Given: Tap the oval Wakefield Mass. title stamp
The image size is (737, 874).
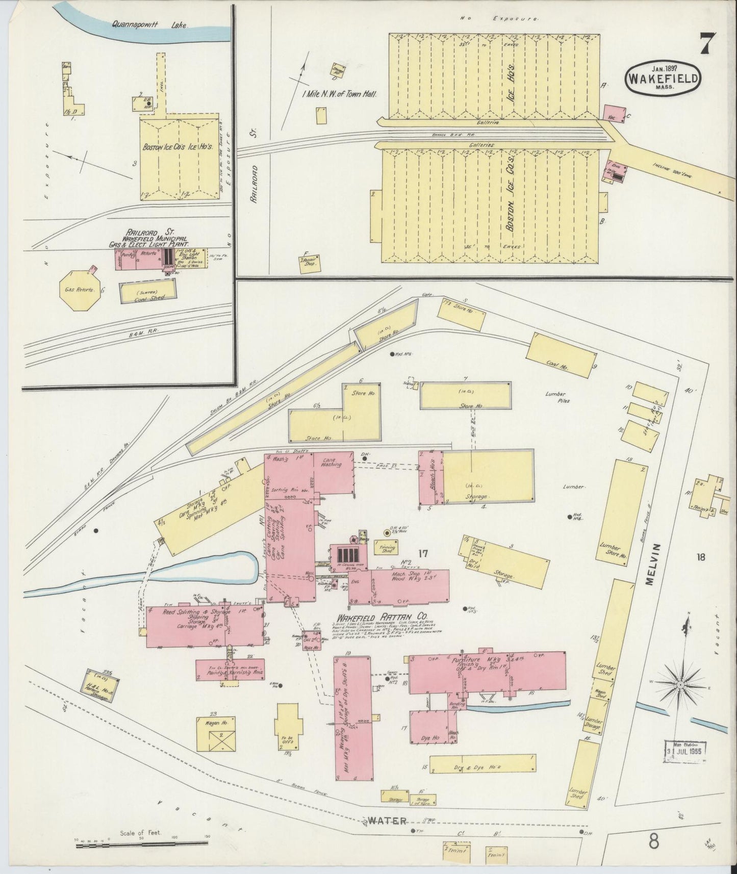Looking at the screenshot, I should (x=663, y=79).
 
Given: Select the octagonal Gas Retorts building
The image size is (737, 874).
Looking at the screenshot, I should (x=78, y=290).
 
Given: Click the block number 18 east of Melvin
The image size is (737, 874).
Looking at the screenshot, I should (x=701, y=557).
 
